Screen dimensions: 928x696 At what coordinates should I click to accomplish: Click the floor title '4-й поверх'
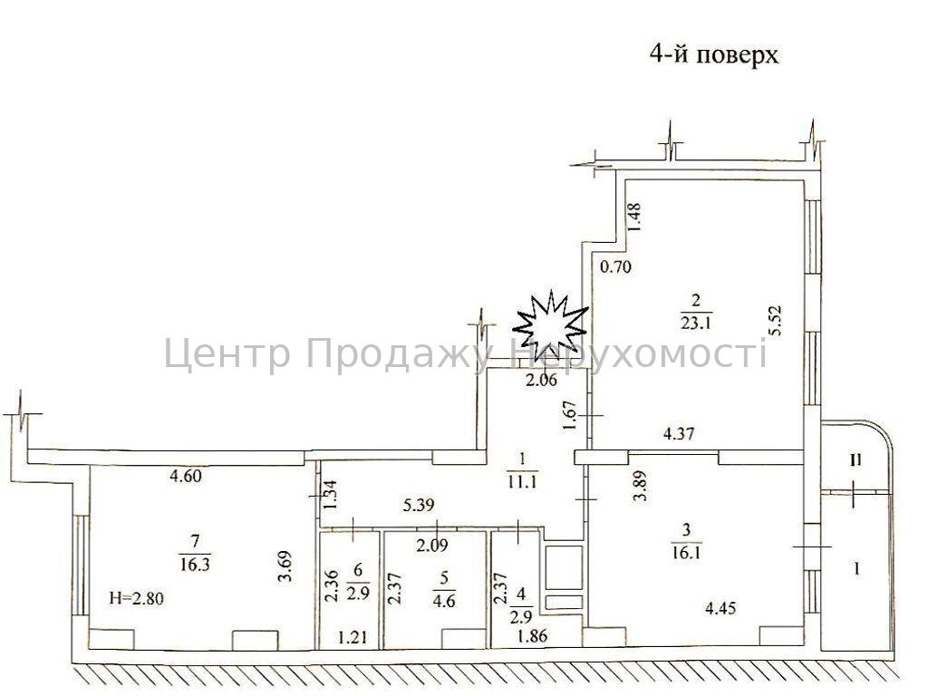point(713,54)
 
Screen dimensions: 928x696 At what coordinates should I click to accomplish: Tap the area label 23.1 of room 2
point(695,324)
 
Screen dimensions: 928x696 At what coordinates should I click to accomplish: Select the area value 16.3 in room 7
point(195,564)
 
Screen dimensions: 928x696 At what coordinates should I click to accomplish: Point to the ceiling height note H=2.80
point(137,598)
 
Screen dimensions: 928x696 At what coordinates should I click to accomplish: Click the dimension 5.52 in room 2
point(776,320)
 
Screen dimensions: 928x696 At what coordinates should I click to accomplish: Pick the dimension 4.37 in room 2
point(679,434)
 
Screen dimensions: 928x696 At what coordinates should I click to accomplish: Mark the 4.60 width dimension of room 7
point(185,476)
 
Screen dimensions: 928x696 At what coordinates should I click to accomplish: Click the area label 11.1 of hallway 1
point(522,482)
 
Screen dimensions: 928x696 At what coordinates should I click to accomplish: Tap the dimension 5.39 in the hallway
point(419,505)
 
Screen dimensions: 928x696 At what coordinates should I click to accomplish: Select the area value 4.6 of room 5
point(444,602)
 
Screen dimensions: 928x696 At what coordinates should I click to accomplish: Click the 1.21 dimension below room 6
point(353,637)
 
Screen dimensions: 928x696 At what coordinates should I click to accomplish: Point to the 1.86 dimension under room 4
point(532,636)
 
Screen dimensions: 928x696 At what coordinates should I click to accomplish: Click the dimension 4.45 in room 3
point(720,607)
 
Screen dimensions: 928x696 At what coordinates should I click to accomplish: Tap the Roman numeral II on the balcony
point(855,459)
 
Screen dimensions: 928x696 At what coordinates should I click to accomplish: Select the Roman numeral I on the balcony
point(855,569)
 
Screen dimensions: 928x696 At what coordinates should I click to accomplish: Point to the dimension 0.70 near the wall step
point(615,267)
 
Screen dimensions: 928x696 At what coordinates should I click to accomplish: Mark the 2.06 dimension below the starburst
point(542,380)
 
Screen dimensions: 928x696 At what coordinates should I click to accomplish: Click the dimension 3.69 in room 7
point(285,568)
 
